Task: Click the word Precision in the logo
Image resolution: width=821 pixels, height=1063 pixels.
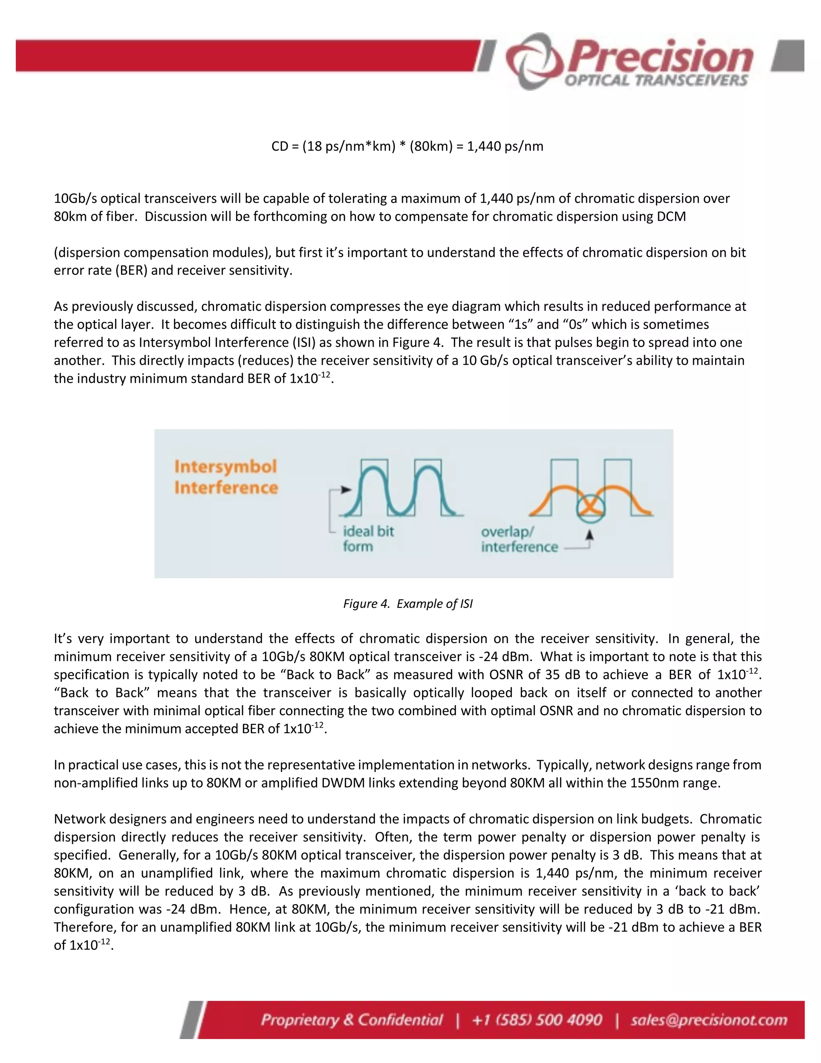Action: pos(661,57)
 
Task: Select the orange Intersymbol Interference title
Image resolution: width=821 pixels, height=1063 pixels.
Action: pos(226,477)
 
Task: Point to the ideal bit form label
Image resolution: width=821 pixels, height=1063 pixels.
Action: pos(368,538)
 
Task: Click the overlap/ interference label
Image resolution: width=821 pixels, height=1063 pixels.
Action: pos(518,539)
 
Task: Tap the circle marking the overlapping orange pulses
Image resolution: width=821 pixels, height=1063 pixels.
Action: pos(590,509)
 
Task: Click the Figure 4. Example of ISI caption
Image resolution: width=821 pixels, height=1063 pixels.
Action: pos(408,604)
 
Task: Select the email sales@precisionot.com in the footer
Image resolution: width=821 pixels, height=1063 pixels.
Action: pos(709,1020)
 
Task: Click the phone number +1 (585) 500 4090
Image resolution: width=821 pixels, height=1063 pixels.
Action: pos(537,1020)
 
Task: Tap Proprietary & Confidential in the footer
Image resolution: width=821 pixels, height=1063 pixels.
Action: pos(352,1020)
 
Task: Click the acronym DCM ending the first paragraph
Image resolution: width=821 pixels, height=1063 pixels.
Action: pos(671,217)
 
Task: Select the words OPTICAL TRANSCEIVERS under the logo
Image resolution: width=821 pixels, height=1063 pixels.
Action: pos(655,81)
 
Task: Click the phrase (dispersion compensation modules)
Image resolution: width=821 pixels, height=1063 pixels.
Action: pos(162,253)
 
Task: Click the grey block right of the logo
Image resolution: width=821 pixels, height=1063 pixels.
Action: pos(788,57)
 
